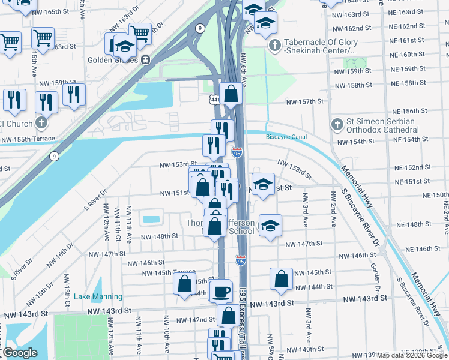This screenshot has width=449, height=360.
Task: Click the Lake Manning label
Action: coord(98,296)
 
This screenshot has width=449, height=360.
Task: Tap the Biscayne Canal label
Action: coord(286,137)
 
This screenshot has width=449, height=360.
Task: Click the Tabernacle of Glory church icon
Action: coord(275,45)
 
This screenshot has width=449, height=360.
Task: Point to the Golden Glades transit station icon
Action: coord(145,60)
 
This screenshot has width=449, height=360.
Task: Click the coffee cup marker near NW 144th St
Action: coord(221,291)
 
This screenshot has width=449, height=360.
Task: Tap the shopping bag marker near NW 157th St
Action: coord(231,94)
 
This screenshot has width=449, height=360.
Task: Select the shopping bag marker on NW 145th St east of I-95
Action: coord(282,278)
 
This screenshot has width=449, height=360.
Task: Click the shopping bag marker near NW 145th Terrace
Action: coord(185,284)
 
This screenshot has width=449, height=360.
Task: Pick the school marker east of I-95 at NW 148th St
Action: coord(270,226)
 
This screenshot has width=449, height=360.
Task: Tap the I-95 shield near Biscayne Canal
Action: coord(238,152)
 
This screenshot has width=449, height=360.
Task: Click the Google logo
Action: coord(20,353)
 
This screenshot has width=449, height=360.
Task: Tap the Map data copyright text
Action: coord(412,355)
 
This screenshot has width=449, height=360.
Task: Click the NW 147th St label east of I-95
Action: coord(304,244)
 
